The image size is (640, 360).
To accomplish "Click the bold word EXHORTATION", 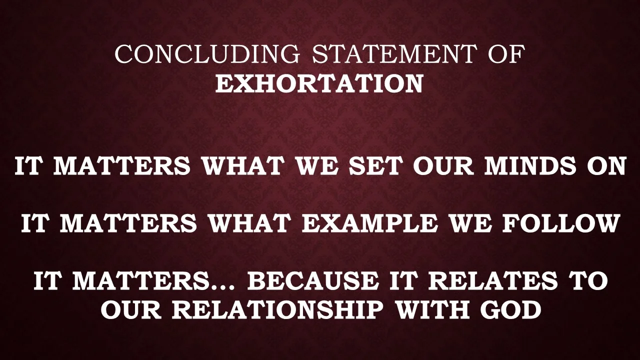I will point(319,83).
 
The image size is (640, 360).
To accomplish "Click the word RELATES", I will point(492,281).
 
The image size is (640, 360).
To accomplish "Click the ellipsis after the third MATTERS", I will point(225,287).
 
